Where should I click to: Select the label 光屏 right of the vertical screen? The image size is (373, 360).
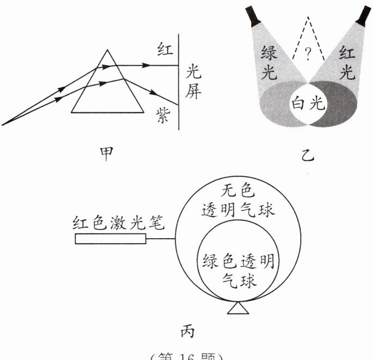[x=194, y=82]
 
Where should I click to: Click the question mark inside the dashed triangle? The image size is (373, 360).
[x=308, y=53]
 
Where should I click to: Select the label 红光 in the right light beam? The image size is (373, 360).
[x=347, y=63]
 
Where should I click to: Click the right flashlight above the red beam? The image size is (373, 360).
[x=363, y=15]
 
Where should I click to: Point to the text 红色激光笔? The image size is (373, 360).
[x=117, y=223]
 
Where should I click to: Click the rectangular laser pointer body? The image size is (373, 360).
[x=110, y=239]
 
